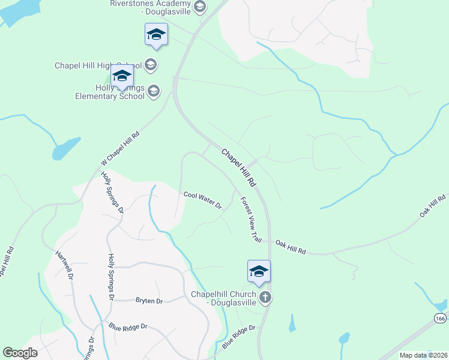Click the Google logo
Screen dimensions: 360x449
pos(20,353)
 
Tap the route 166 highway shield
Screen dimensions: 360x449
pos(441,317)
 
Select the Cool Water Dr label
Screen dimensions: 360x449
pos(203,200)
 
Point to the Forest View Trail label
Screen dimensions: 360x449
pos(251,220)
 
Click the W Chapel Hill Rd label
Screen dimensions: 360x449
pos(120,149)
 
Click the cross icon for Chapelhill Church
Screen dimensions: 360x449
pos(265,297)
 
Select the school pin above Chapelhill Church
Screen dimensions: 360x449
pos(259,271)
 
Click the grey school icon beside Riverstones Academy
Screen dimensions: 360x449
pos(200,7)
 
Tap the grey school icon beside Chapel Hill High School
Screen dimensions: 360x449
pos(150,65)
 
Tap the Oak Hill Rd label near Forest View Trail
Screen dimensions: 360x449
pos(291,247)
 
